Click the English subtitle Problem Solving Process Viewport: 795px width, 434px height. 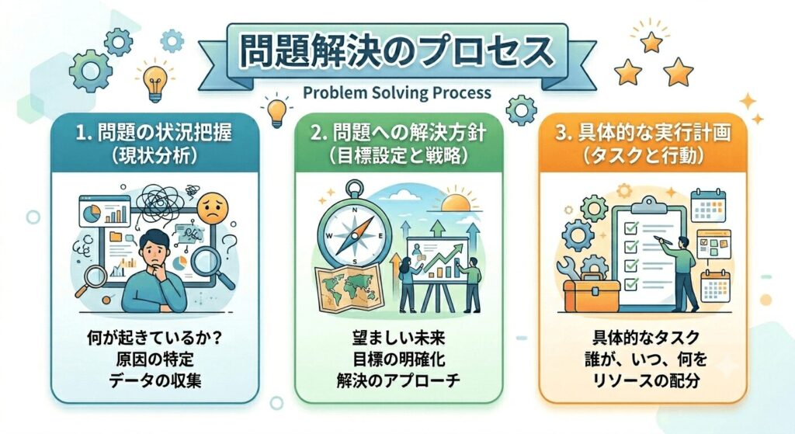(x=397, y=93)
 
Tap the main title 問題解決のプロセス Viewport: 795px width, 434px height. (x=396, y=52)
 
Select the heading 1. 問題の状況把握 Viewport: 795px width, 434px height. (x=154, y=133)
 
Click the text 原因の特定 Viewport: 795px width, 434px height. (x=154, y=359)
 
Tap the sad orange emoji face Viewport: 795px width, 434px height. (x=213, y=208)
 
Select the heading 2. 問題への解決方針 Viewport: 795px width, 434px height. (x=399, y=133)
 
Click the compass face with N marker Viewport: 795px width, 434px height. (x=354, y=234)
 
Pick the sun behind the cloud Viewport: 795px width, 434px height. (x=455, y=202)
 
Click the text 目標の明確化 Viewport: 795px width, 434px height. (x=399, y=359)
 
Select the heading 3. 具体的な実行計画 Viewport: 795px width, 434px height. (x=643, y=133)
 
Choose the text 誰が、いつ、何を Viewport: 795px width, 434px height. (x=643, y=359)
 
